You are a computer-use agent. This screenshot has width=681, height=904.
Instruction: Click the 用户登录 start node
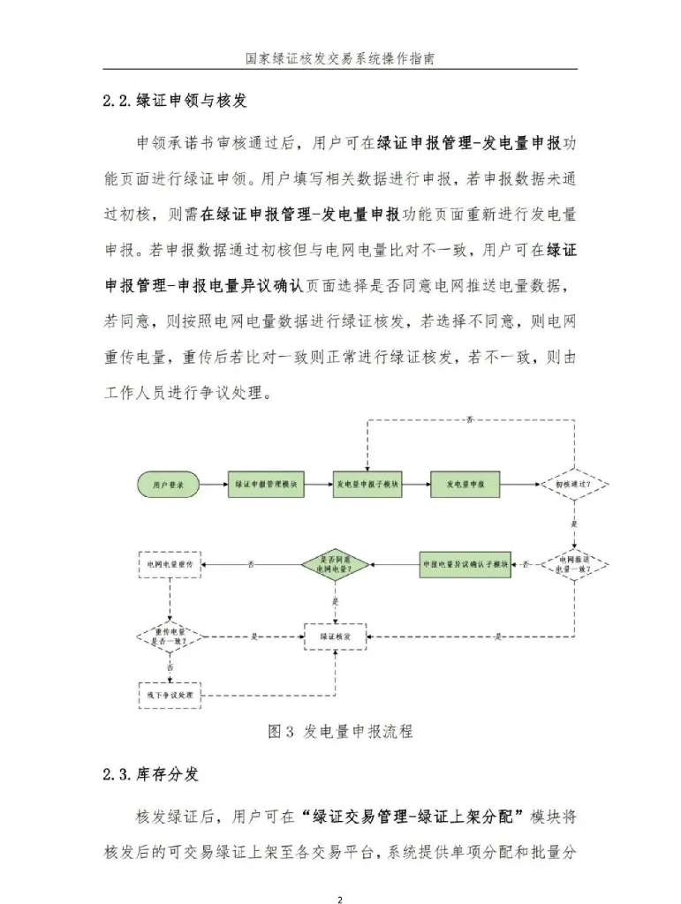169,485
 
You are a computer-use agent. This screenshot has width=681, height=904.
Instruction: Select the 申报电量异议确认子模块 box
465,563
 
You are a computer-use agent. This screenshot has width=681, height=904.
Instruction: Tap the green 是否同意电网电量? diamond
335,564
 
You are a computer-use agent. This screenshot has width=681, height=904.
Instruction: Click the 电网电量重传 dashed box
170,563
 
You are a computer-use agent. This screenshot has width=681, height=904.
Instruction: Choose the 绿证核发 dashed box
335,636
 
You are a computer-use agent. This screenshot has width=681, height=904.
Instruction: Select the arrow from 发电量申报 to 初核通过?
520,485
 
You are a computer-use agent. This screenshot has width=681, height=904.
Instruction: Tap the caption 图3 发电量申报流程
340,731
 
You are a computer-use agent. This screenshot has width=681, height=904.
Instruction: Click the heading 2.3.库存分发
150,774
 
